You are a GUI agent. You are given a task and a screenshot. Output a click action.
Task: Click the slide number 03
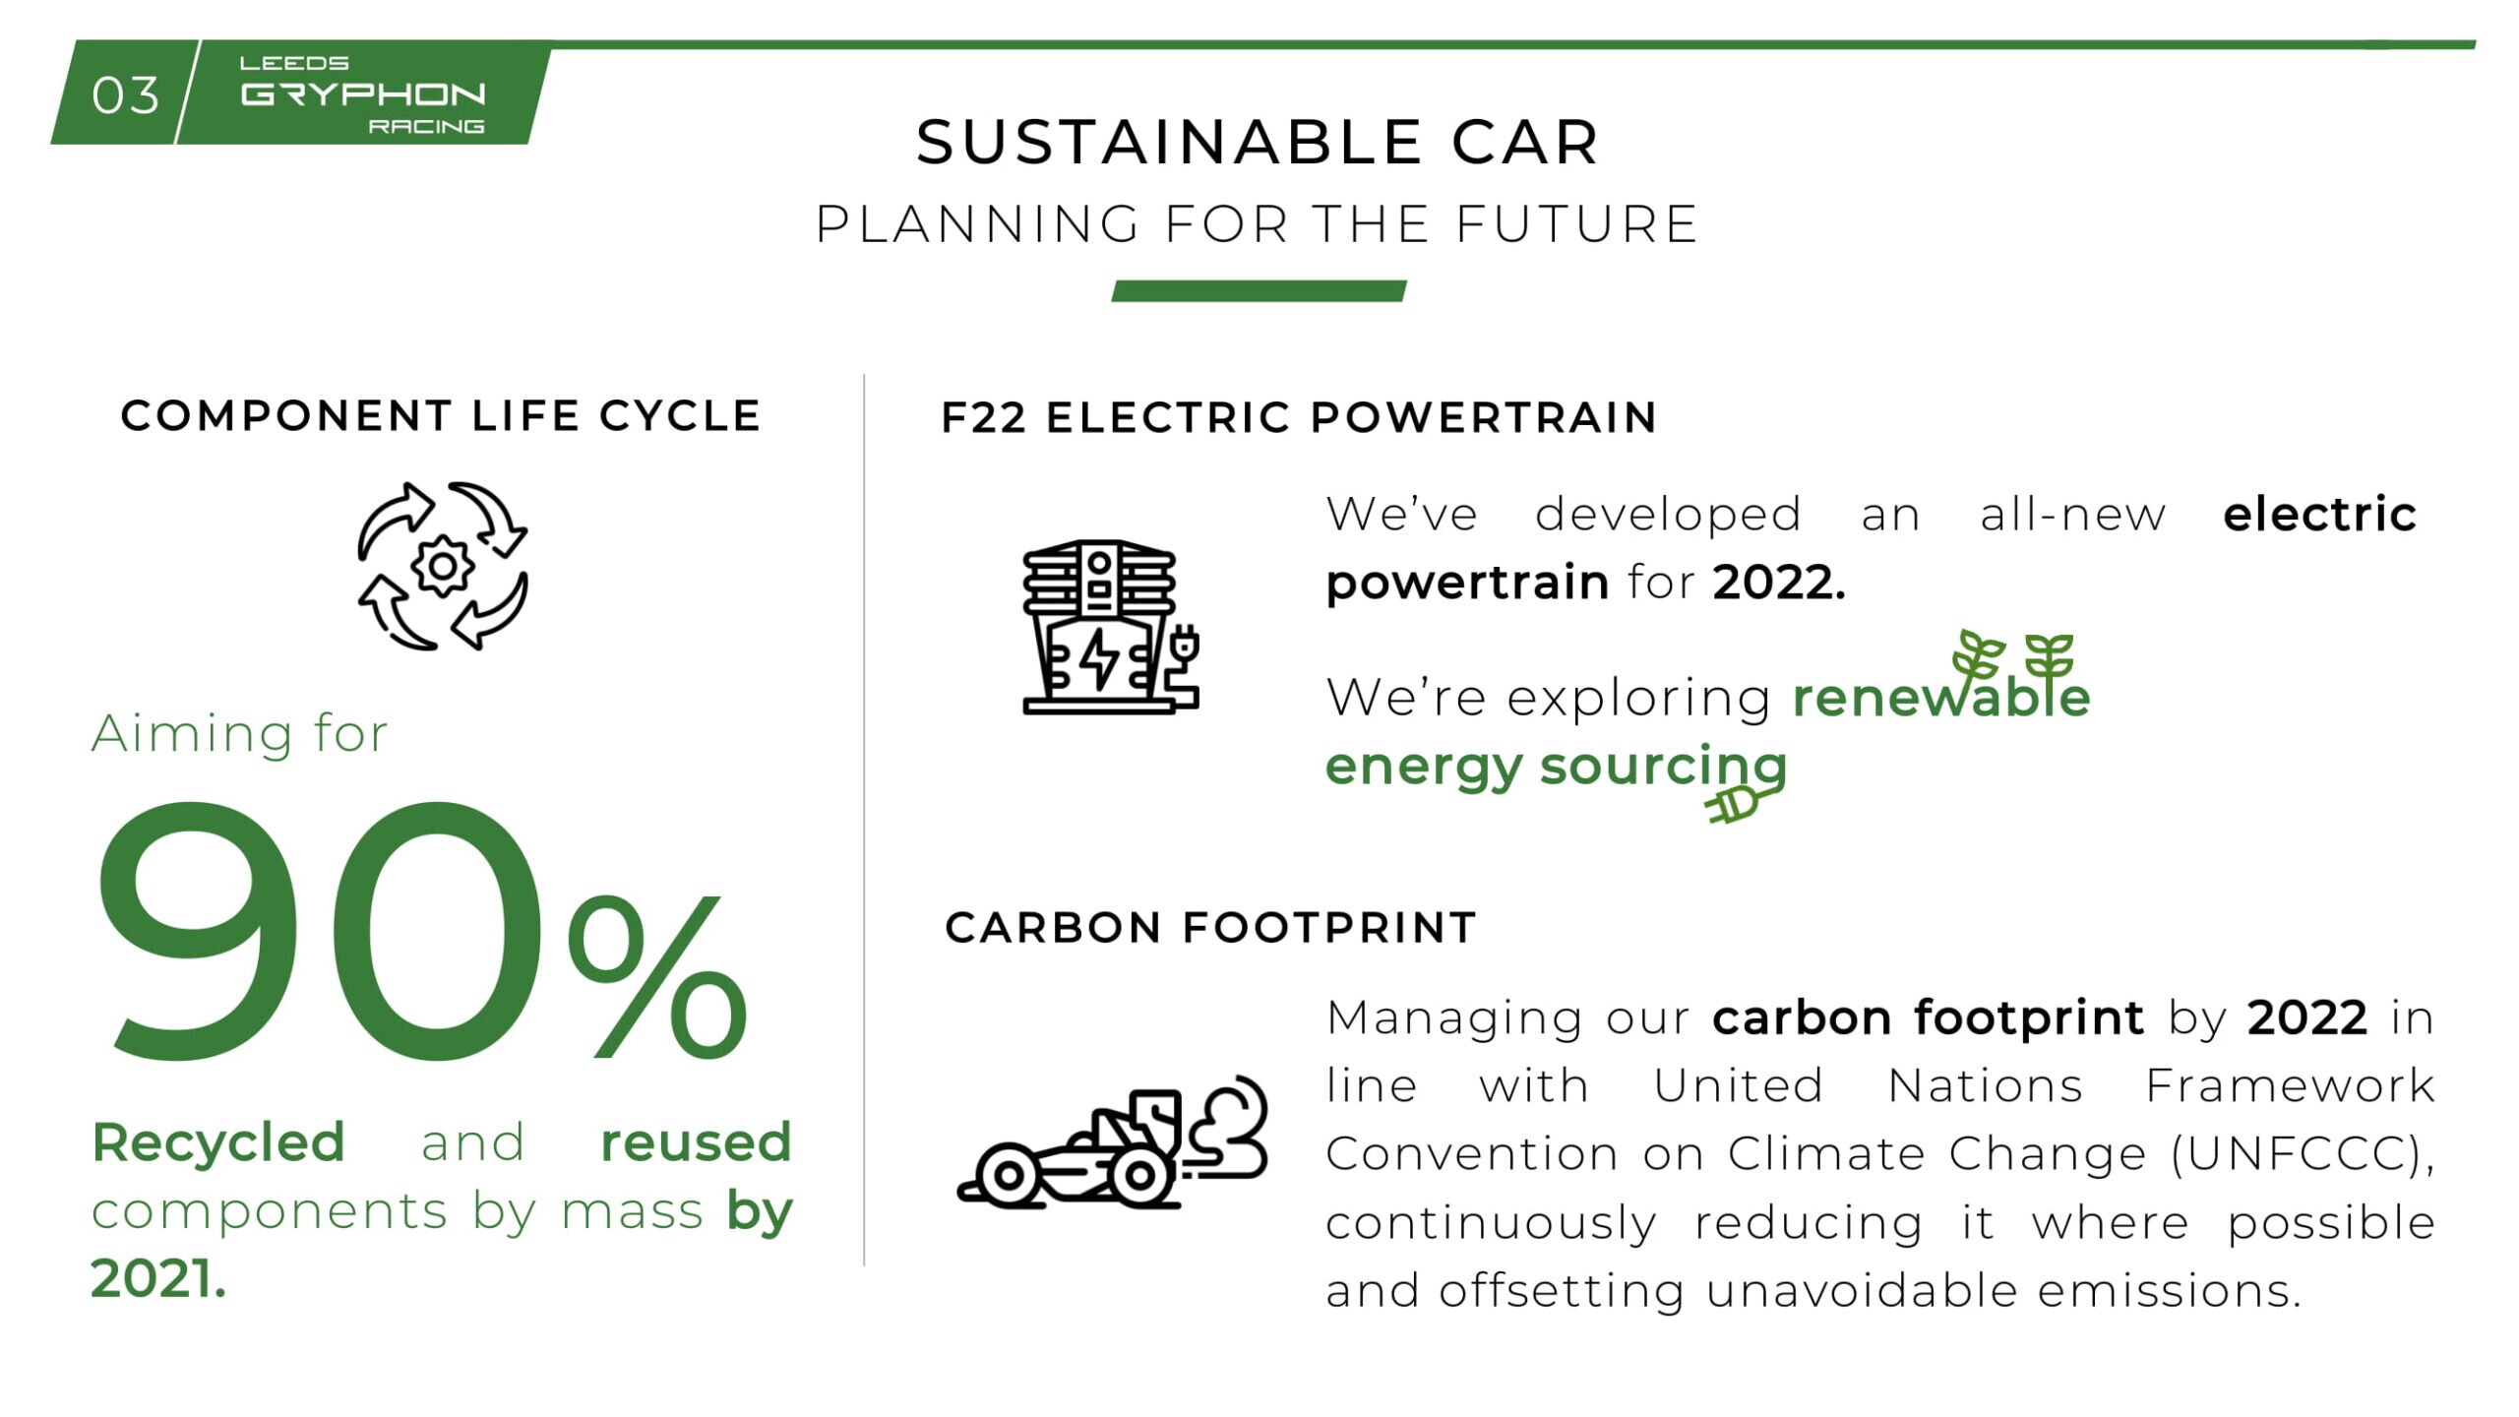click(125, 95)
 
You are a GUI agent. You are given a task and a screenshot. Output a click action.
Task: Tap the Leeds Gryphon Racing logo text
click(363, 94)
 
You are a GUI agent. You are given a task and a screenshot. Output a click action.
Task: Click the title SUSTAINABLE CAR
click(1258, 142)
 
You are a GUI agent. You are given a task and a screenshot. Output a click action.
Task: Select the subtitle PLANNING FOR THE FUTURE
click(1258, 223)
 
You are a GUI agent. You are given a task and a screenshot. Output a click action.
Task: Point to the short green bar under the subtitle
click(1259, 290)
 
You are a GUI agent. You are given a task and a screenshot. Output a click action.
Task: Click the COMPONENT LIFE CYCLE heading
click(441, 415)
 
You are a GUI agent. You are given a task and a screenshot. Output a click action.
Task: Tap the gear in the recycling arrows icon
click(442, 566)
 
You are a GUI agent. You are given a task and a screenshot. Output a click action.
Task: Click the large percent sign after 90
click(657, 975)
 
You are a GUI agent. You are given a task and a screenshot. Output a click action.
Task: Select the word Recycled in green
click(218, 1143)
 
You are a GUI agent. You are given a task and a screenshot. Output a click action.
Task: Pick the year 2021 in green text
click(157, 1279)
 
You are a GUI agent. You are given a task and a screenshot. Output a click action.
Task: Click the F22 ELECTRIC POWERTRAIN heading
click(1299, 417)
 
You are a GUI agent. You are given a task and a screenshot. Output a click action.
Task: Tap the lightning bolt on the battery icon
click(1098, 658)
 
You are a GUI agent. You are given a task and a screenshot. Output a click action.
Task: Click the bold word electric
click(2319, 514)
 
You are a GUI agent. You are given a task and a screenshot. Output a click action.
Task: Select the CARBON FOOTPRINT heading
click(1210, 928)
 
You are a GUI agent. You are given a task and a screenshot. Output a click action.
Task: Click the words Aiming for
click(240, 733)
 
